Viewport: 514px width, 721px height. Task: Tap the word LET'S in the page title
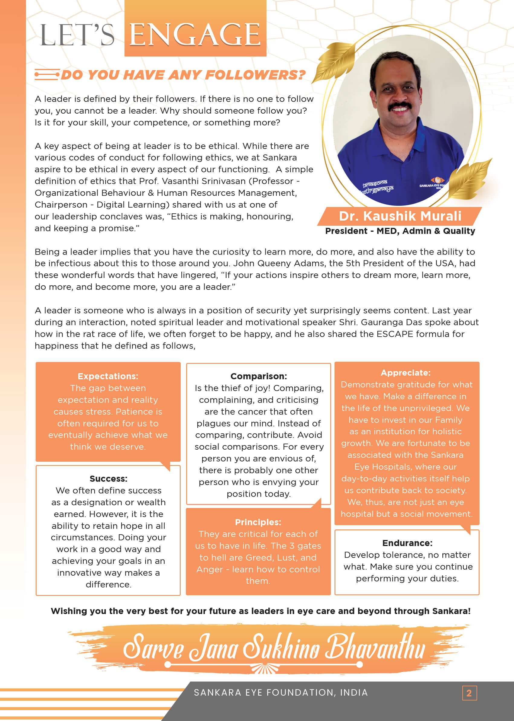coord(77,35)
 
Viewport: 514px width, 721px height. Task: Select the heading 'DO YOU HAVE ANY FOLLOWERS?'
coord(183,75)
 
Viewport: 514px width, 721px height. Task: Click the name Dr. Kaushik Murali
coord(400,216)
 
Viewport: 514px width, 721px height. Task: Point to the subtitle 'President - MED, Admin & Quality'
coord(400,231)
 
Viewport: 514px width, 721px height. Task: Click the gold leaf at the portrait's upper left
coord(335,62)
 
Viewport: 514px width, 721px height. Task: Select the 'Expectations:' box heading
coord(108,376)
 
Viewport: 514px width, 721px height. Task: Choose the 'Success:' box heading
coord(108,479)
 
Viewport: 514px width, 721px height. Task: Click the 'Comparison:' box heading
coord(259,376)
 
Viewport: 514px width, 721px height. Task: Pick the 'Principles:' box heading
coord(258,522)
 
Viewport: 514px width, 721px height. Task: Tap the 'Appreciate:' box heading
coord(406,373)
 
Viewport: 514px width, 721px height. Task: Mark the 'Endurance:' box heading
coord(407,543)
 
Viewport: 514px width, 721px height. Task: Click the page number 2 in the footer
coord(469,693)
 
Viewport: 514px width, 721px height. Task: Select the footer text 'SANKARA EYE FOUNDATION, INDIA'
coord(281,693)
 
